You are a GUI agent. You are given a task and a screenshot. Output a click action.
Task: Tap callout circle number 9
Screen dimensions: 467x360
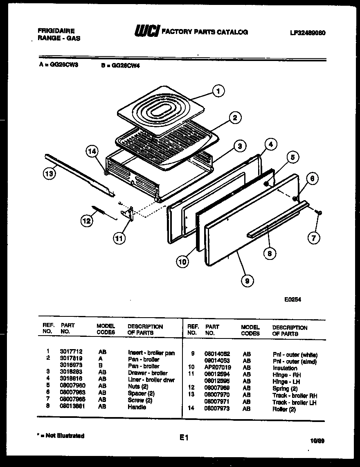click(x=247, y=280)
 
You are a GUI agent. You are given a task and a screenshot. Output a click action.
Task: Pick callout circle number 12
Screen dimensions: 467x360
click(x=86, y=221)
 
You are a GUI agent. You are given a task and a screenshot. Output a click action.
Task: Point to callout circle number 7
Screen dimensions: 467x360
click(x=314, y=238)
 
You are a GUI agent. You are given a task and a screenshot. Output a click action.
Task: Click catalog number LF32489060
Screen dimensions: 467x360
click(x=307, y=33)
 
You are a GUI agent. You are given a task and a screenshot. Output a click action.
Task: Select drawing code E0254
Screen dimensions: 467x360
click(x=293, y=300)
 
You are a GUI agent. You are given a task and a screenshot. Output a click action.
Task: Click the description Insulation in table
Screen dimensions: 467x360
click(x=285, y=368)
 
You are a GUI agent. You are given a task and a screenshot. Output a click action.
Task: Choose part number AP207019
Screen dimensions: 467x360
click(x=218, y=368)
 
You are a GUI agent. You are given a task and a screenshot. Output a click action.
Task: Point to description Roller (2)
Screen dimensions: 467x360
click(x=284, y=409)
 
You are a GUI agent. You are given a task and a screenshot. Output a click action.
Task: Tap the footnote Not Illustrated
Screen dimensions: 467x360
click(x=61, y=436)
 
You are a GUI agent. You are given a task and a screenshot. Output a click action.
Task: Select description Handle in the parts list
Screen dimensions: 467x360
click(x=137, y=407)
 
